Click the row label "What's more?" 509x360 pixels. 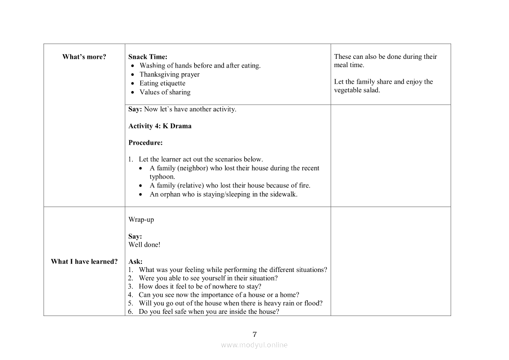(x=84, y=57)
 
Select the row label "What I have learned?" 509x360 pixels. (x=84, y=262)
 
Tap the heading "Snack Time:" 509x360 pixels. (x=148, y=57)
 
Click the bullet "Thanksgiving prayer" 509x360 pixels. (x=169, y=75)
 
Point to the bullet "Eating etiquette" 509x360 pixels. (x=162, y=83)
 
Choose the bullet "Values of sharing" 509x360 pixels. (x=165, y=92)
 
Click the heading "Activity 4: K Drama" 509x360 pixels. (x=160, y=126)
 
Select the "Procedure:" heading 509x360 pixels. (x=145, y=143)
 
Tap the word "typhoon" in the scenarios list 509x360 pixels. (x=162, y=177)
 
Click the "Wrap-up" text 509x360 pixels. (x=141, y=220)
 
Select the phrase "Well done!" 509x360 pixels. (x=144, y=245)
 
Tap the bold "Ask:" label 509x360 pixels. (x=135, y=262)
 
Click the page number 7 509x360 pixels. (x=255, y=335)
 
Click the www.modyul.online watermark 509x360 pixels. (x=254, y=345)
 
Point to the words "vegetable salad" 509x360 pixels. (x=357, y=90)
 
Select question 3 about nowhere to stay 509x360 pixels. (x=200, y=287)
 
